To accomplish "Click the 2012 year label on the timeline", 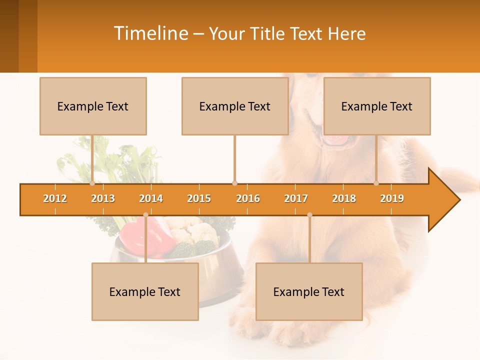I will click(55, 198).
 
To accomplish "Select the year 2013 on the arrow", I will click(103, 198).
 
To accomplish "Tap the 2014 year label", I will click(151, 198).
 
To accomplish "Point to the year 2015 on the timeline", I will click(199, 198).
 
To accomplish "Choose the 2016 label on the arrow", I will click(248, 198).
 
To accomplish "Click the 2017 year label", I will click(296, 198).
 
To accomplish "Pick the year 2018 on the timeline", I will click(344, 198).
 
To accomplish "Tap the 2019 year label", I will click(392, 198).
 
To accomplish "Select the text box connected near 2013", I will click(93, 106).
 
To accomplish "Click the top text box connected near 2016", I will click(235, 106).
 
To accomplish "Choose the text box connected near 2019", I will click(377, 106).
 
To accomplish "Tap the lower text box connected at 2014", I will click(145, 291).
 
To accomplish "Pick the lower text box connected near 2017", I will click(309, 291).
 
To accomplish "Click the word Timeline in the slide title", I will click(150, 33).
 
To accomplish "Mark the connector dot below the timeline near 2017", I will click(309, 215).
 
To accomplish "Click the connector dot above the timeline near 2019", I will click(376, 183).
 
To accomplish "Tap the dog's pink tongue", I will click(336, 140).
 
